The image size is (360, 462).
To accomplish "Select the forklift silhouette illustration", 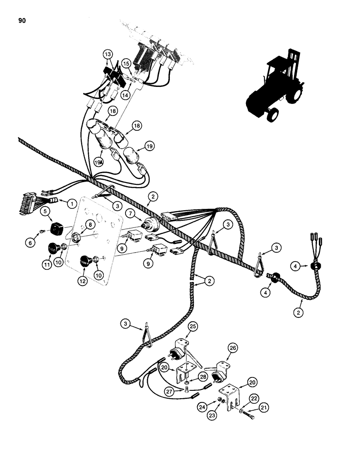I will (272, 88).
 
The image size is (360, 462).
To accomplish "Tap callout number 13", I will (108, 55).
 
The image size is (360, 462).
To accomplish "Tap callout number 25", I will (192, 326).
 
